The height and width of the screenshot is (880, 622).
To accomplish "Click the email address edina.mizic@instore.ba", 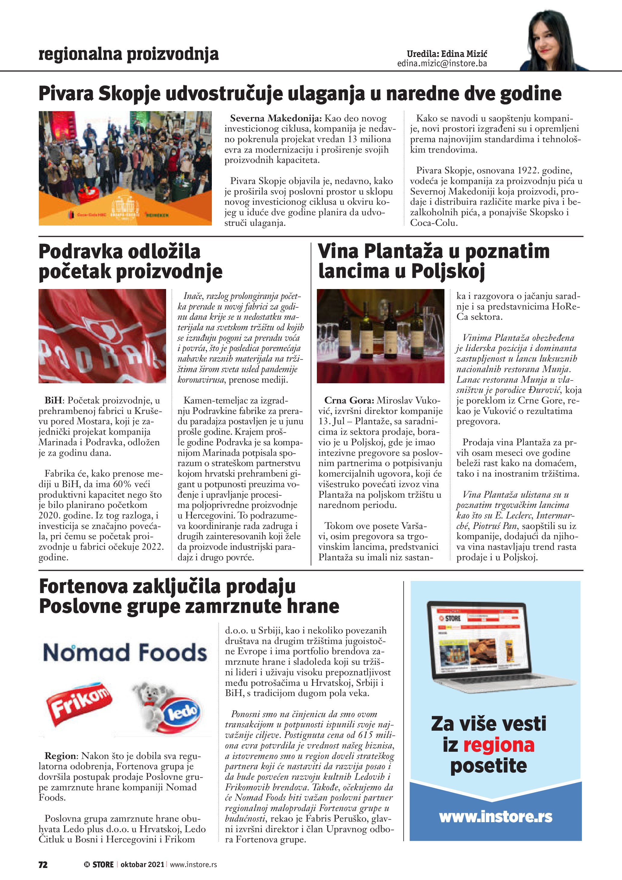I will (442, 64).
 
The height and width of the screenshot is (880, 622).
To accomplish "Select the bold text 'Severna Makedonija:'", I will (276, 118).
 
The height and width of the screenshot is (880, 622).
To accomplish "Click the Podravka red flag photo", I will (102, 336).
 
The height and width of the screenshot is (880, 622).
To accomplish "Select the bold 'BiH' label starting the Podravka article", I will (53, 400).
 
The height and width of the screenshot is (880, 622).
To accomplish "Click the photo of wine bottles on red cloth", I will (380, 336).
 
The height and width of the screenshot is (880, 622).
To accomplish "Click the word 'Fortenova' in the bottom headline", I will (83, 587).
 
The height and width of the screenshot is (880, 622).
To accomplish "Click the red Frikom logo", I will (79, 704).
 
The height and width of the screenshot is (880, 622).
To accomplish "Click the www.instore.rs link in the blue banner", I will (496, 817).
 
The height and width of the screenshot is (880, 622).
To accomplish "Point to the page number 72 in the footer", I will (43, 864).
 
